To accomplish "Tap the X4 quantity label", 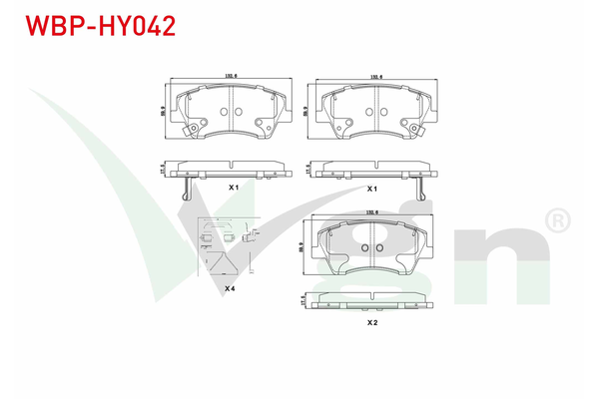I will point(230,287).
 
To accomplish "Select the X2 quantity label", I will point(371,322).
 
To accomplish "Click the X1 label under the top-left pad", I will point(232,188).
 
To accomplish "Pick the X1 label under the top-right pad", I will point(371,188).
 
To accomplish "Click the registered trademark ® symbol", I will point(557,216).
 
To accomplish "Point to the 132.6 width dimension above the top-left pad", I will point(233,76).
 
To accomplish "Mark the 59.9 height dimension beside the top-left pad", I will point(162,110).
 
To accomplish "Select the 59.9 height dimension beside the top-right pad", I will point(303,110).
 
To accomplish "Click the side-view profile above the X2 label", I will point(371,300).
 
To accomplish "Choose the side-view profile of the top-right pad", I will point(371,171).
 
